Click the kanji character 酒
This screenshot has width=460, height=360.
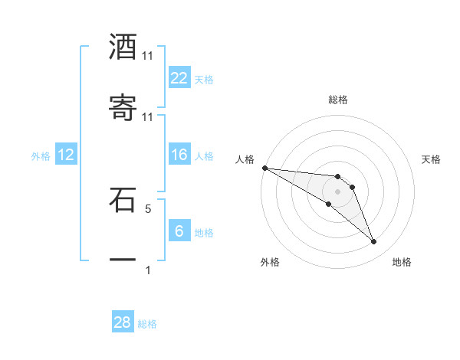tap(123, 47)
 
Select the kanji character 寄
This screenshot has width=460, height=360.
tap(123, 109)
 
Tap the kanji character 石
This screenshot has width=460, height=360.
tap(123, 201)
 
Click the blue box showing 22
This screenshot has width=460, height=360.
tap(179, 78)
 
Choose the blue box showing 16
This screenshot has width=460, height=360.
tap(179, 155)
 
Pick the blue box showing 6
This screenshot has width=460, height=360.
tap(179, 231)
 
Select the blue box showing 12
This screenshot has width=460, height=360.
tap(66, 155)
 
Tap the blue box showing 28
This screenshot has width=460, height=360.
tap(123, 322)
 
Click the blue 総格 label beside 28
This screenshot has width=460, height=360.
tap(147, 324)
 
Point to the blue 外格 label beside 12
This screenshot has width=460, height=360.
tap(41, 155)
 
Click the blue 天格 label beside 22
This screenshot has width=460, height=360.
tap(204, 79)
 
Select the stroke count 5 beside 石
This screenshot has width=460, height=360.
tap(148, 208)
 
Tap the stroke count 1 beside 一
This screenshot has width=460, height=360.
tap(148, 270)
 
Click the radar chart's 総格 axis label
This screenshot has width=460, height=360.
tap(337, 100)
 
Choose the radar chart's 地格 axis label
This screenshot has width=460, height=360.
tap(402, 262)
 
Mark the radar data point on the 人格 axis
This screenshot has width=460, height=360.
tap(264, 167)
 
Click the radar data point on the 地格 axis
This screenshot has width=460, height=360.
tap(373, 242)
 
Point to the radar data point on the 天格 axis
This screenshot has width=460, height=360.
tap(352, 187)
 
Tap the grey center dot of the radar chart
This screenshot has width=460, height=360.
tap(337, 191)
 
